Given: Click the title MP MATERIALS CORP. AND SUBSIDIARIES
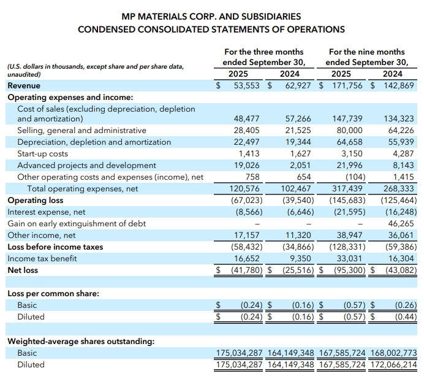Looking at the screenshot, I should coord(211,17).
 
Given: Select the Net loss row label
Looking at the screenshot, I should coord(23,270).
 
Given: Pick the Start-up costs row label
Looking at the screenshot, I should coord(42,153).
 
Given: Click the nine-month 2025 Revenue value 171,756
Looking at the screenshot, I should coord(347,86).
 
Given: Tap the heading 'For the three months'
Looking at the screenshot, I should coord(263,52).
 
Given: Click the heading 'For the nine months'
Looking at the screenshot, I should coord(366,52).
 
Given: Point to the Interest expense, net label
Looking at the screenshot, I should coord(46,212).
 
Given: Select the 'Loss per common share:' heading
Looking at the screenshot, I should coord(53,293).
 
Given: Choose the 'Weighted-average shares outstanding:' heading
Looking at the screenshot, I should coord(80,340).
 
